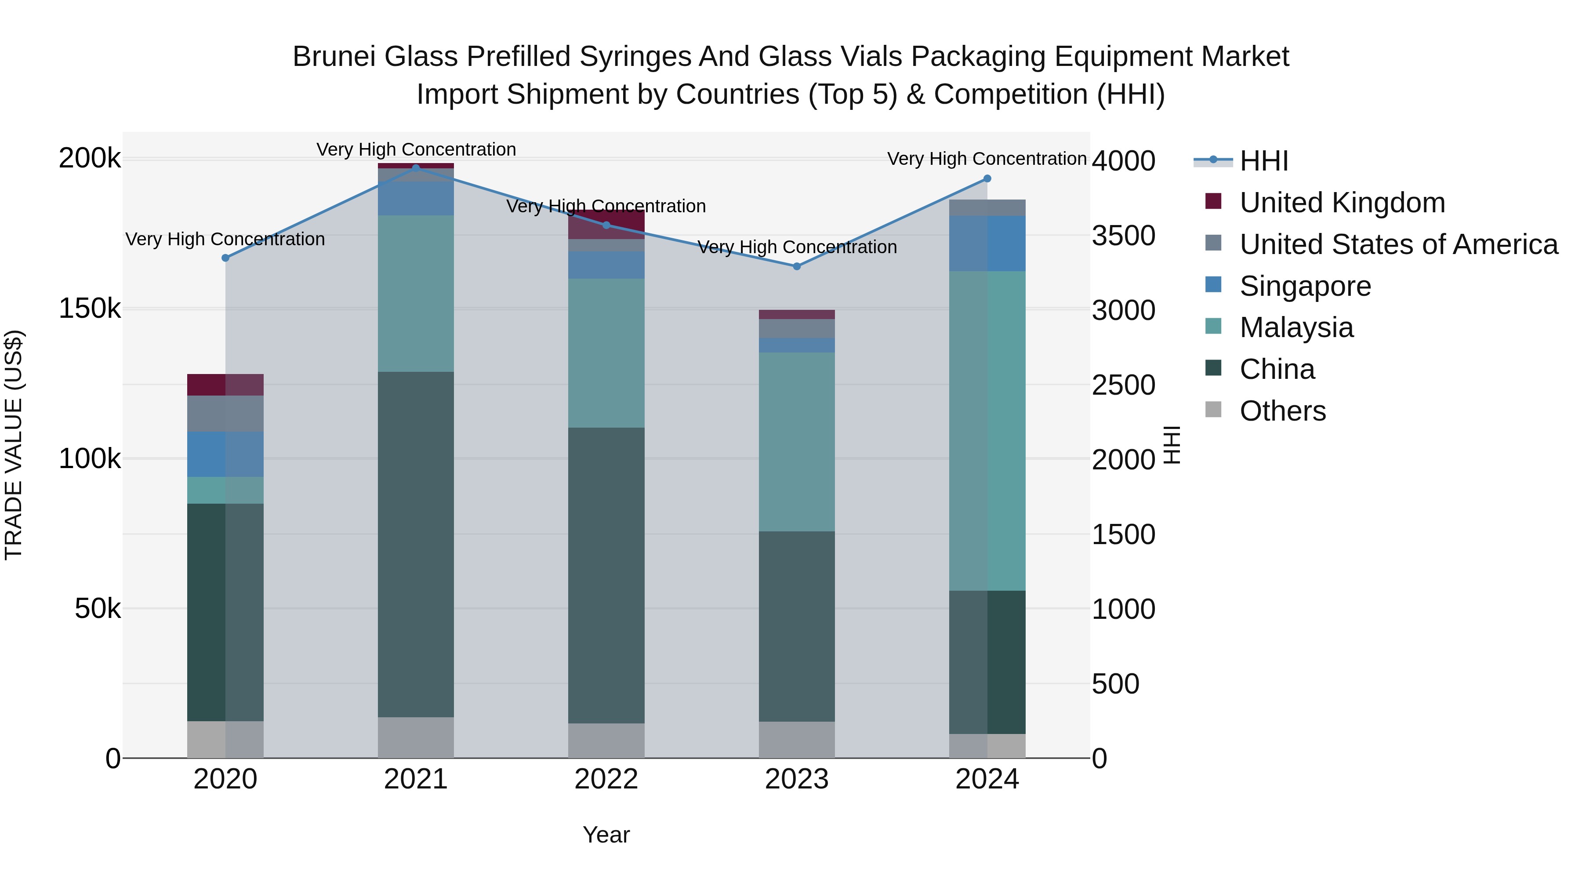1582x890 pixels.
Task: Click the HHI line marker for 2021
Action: [416, 168]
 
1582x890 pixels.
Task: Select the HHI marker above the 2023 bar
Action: [797, 266]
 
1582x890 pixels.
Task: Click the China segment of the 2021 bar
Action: [416, 544]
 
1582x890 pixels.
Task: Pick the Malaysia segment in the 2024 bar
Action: [987, 430]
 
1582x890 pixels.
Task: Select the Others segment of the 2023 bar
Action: [797, 740]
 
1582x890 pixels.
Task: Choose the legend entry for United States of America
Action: [1398, 244]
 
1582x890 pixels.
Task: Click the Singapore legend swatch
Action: [1213, 285]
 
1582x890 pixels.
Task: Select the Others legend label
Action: [1282, 411]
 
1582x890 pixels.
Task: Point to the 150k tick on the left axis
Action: [90, 309]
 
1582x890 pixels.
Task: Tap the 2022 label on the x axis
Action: [606, 779]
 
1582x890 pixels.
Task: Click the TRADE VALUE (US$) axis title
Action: [14, 445]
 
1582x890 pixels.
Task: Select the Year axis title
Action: [606, 835]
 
